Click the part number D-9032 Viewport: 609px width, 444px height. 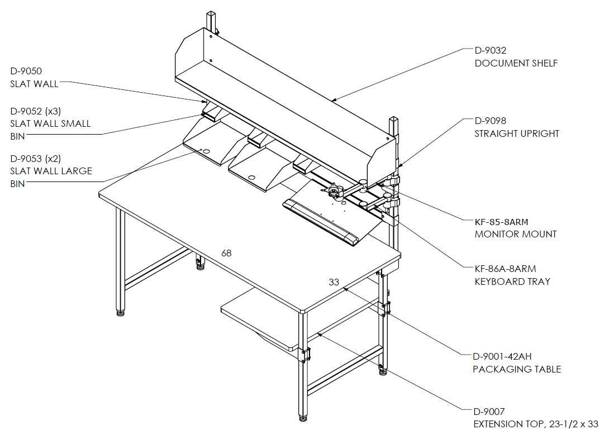491,50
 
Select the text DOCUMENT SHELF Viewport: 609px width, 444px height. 516,63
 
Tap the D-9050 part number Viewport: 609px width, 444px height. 26,71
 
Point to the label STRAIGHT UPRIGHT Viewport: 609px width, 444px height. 517,133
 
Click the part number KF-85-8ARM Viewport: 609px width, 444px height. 501,222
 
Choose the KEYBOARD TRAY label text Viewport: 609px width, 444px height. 512,281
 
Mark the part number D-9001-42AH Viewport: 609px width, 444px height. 502,356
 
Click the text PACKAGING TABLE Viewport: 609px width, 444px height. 517,369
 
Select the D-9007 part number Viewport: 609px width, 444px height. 489,412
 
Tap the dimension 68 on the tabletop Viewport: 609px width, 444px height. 226,253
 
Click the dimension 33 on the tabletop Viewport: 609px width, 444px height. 334,282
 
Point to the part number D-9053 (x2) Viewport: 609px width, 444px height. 36,159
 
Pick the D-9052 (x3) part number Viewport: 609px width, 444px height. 36,111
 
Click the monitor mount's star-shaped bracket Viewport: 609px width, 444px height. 333,190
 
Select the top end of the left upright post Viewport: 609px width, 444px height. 211,12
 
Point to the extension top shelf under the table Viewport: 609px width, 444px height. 260,318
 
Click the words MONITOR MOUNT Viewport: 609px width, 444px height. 516,234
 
